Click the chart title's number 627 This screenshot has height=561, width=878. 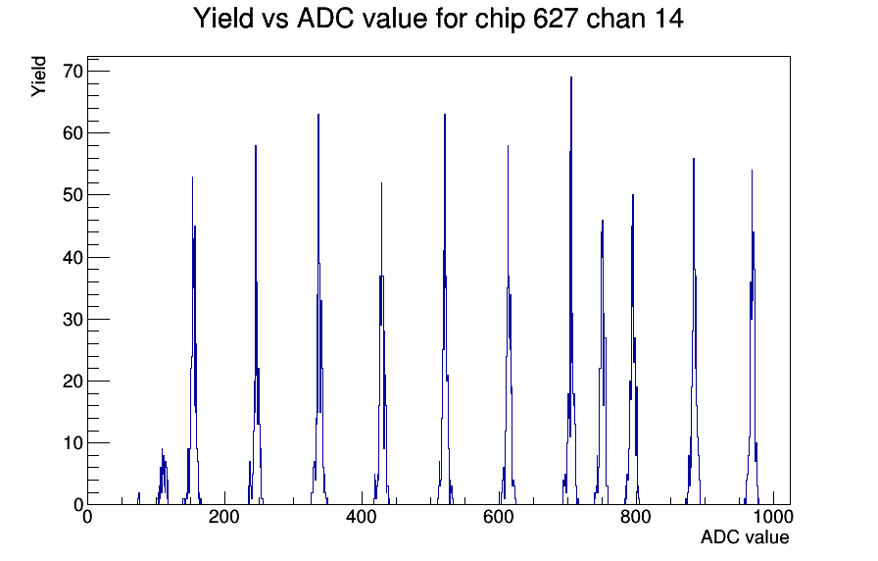click(x=555, y=19)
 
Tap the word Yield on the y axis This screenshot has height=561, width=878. click(x=38, y=76)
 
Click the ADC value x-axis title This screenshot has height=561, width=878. click(x=745, y=536)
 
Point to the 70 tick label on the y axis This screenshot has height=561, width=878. click(x=73, y=72)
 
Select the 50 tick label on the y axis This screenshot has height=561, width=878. click(x=73, y=195)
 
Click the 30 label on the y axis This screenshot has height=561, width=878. click(x=73, y=319)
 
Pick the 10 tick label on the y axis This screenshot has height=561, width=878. click(x=73, y=442)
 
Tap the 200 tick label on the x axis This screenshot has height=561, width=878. click(x=224, y=516)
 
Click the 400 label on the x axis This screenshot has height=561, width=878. click(x=362, y=516)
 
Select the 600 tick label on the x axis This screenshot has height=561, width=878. click(x=499, y=516)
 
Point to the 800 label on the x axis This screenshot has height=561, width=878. click(x=636, y=516)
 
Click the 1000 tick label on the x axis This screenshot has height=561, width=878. click(x=772, y=516)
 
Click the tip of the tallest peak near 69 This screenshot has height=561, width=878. click(x=571, y=77)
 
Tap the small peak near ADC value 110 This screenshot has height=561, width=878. click(x=163, y=449)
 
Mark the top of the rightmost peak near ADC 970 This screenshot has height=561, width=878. click(x=752, y=171)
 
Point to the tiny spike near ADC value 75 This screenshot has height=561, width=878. click(x=139, y=493)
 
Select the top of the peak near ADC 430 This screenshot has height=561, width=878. click(x=381, y=183)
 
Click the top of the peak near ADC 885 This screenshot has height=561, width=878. click(x=694, y=159)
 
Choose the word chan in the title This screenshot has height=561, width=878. click(x=612, y=19)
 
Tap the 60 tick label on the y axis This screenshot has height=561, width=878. click(x=73, y=132)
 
